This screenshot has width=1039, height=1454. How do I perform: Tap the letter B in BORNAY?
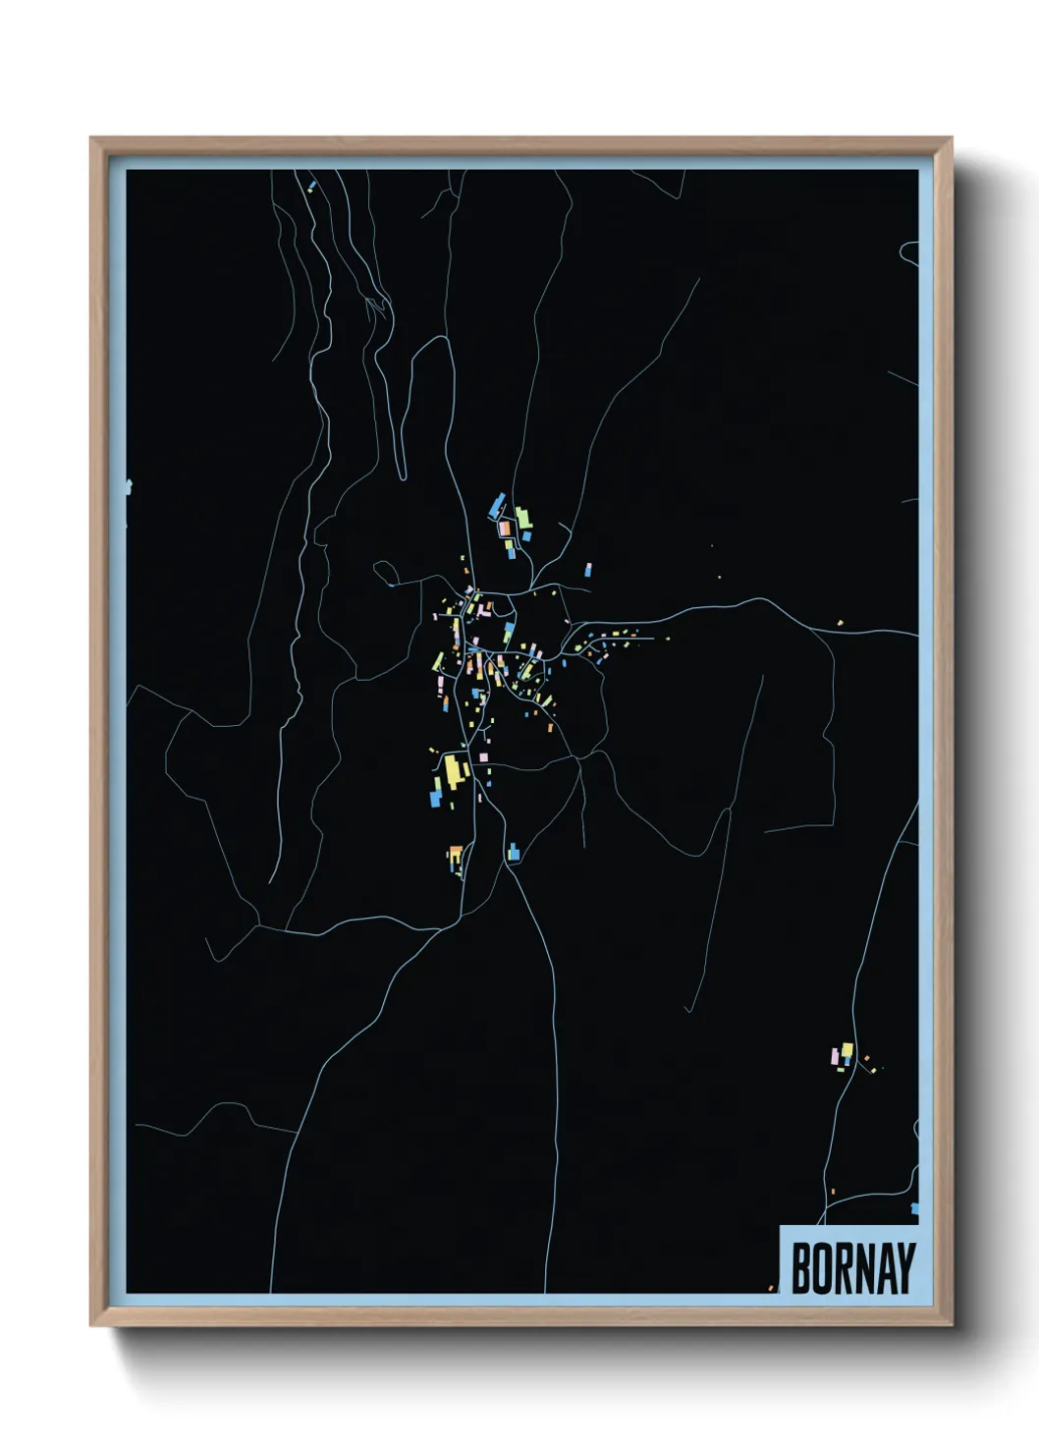tap(799, 1268)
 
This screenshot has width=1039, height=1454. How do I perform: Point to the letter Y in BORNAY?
tap(905, 1268)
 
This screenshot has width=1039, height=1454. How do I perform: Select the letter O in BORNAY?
tap(820, 1268)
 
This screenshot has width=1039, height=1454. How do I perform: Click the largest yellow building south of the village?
tap(453, 769)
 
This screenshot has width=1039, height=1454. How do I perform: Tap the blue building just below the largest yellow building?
tap(435, 795)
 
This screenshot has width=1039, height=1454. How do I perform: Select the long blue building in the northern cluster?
tap(497, 506)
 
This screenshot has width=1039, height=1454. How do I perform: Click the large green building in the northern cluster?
tap(523, 517)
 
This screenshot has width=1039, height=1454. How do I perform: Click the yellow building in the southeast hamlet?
tap(847, 1050)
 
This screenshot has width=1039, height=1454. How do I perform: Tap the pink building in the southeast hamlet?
tap(835, 1057)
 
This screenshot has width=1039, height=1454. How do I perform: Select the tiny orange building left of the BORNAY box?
tap(772, 1287)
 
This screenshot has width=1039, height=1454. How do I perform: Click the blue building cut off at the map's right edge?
tap(915, 1208)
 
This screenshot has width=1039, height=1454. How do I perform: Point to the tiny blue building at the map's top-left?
tap(310, 184)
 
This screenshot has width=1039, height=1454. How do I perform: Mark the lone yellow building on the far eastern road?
tap(840, 622)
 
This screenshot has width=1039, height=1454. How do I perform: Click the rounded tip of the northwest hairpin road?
tap(402, 475)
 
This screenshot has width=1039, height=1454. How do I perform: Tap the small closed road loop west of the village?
tap(383, 569)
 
